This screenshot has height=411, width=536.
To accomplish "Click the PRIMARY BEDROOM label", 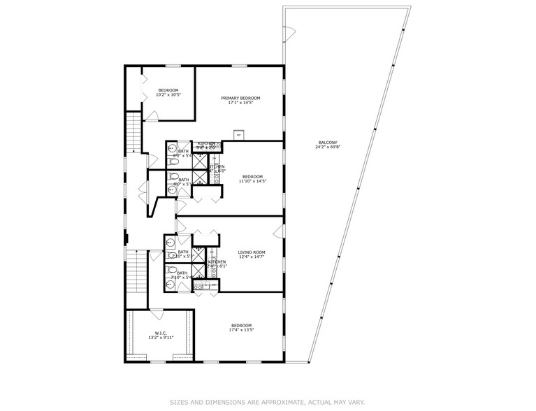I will (x=240, y=98).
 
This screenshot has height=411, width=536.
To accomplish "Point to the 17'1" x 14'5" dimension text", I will (x=240, y=103).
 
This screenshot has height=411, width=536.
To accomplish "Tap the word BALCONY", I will (x=326, y=143).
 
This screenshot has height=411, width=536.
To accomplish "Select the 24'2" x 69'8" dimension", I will (x=326, y=147).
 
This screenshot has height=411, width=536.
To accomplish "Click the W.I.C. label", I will (x=160, y=333).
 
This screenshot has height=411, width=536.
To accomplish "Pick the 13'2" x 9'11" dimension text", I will (x=160, y=338).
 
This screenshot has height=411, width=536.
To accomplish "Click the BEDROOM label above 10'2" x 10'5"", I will (x=168, y=90).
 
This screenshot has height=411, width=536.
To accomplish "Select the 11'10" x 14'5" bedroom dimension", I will (x=252, y=181).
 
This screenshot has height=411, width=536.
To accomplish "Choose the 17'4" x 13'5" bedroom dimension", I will (x=241, y=330).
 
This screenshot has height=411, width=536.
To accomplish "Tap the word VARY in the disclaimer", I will (x=356, y=402).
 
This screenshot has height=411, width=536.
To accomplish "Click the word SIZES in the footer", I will (x=180, y=402).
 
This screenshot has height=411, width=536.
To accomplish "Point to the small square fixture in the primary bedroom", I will (x=239, y=134).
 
